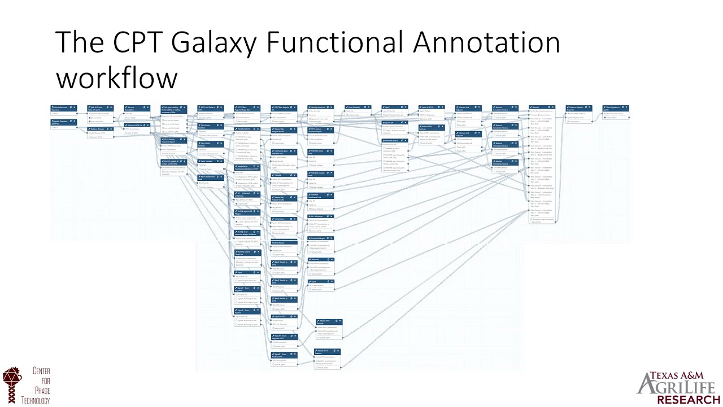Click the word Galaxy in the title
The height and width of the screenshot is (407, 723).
point(212,42)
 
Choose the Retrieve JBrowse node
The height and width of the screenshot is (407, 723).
point(101,129)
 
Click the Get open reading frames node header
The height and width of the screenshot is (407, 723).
point(173,108)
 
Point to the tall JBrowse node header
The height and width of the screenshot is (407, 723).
point(542,107)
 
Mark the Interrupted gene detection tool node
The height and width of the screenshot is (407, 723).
point(284,153)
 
